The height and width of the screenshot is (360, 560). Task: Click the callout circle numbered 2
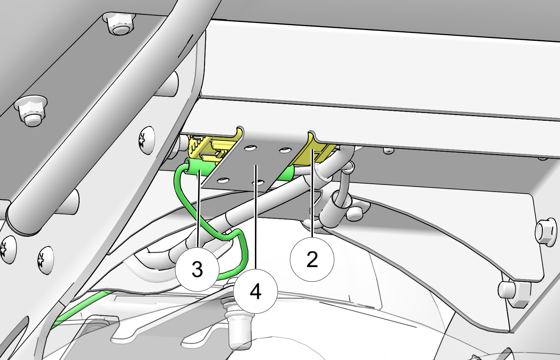click(312, 259)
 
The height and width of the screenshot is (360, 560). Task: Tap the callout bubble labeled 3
click(197, 269)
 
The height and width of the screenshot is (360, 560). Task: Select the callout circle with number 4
click(256, 291)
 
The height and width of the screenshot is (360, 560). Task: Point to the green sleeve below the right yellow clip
click(286, 173)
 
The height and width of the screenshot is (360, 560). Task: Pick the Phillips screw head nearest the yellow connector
click(146, 140)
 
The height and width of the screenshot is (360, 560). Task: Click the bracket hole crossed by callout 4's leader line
click(258, 183)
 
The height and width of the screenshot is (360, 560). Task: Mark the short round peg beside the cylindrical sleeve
click(354, 213)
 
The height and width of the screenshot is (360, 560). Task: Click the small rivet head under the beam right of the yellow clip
click(388, 151)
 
